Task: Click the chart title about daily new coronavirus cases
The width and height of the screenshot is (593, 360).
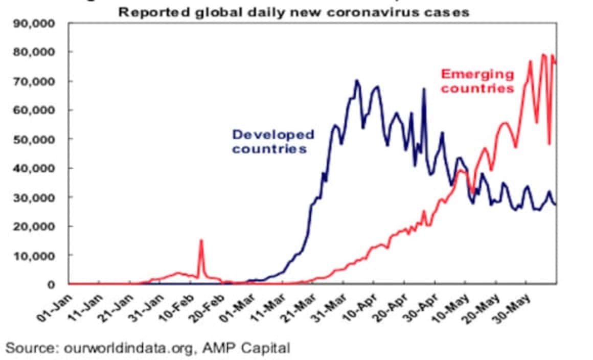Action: pos(293,12)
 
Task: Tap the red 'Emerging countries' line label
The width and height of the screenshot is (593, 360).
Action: pos(477,81)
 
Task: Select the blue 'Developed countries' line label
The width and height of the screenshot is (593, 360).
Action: pos(273,142)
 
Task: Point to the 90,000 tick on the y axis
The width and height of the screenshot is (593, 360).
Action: pos(40,24)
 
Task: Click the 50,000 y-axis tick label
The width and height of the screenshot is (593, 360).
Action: pos(40,139)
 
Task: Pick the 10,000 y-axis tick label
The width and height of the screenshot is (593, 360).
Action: pos(40,255)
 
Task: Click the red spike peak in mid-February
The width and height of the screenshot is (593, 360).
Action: pos(201,240)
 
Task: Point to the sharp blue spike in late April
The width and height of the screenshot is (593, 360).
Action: pos(423,89)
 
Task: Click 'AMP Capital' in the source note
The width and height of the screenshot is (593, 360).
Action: pos(246,349)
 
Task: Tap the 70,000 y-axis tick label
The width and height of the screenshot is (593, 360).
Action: pos(40,81)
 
